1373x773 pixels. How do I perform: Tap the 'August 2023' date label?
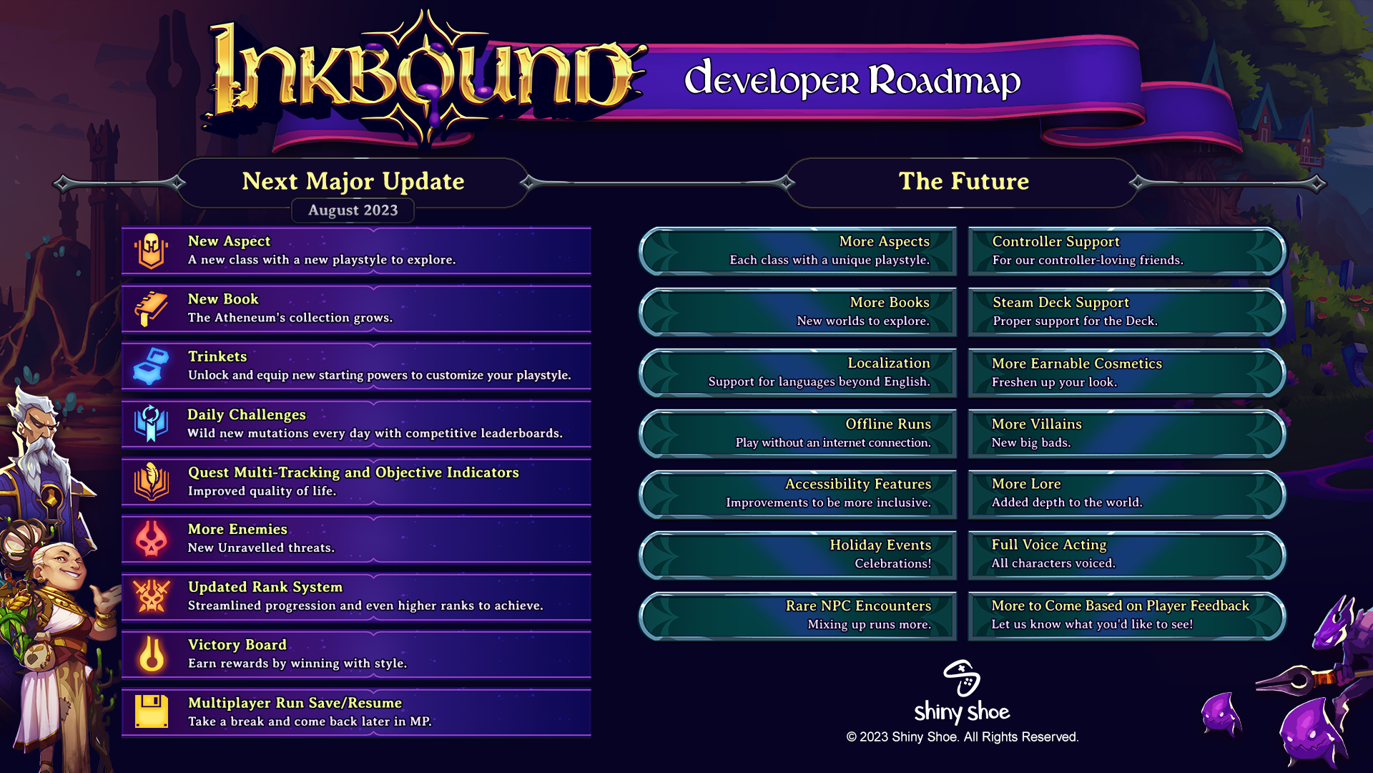[x=353, y=210]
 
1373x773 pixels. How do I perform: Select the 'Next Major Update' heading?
[x=353, y=181]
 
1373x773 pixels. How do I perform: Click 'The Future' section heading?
[x=963, y=181]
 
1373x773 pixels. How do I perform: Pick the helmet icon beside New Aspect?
[x=151, y=251]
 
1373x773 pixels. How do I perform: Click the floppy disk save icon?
[x=151, y=711]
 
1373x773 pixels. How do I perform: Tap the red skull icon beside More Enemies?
[x=151, y=539]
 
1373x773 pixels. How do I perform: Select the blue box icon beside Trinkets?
[x=151, y=366]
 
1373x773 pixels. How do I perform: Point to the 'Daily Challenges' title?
[x=246, y=414]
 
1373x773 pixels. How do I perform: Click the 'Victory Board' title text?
[x=237, y=645]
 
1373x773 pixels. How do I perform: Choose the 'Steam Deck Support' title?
[x=1060, y=302]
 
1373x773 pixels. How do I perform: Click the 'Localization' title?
[x=889, y=363]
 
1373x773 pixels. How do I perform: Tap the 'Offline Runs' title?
[x=888, y=424]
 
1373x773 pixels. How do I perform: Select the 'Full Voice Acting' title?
[x=1049, y=545]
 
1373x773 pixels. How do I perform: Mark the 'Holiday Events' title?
[x=880, y=545]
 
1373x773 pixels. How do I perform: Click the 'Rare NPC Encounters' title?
[x=858, y=606]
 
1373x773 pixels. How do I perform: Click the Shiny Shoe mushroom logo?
[x=962, y=678]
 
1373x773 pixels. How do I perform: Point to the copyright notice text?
[x=963, y=737]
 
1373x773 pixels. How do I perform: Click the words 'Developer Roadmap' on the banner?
[x=852, y=79]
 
